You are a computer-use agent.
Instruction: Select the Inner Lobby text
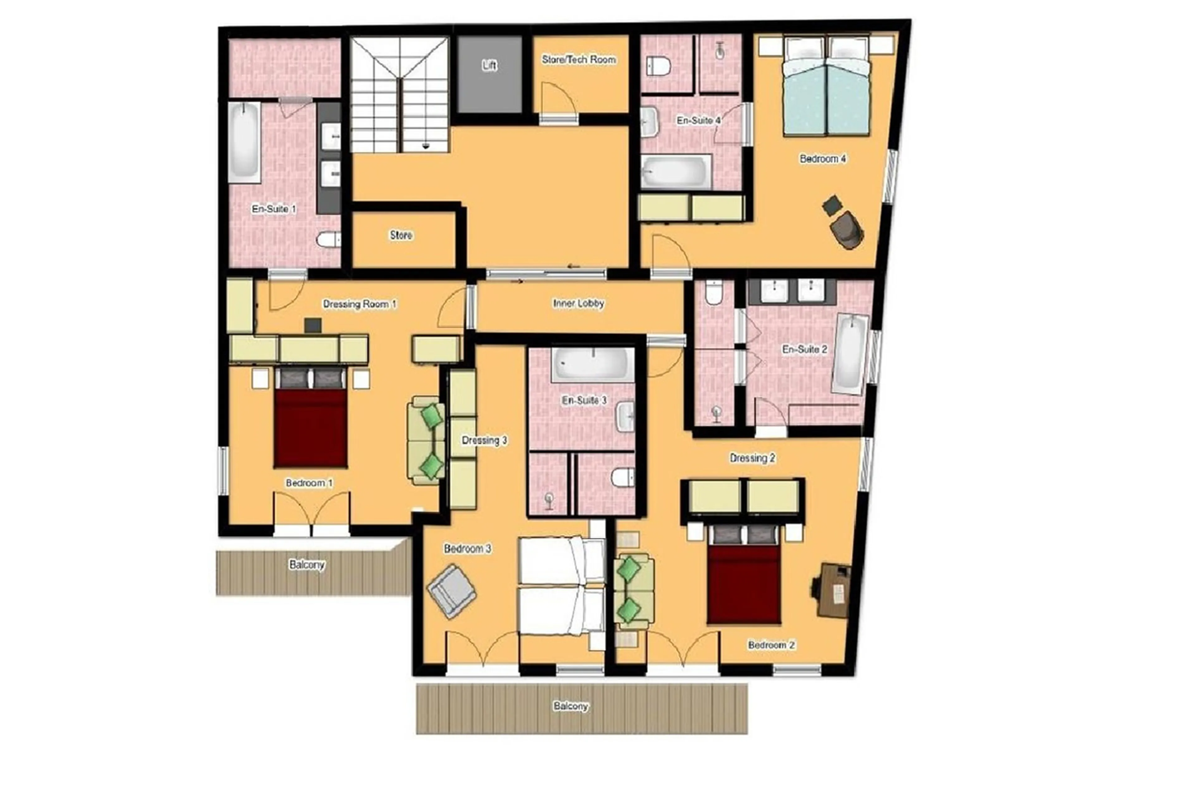[578, 303]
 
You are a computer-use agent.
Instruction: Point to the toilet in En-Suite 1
[328, 240]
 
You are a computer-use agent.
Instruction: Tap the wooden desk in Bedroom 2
[832, 590]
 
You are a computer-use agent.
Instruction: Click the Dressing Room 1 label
[359, 304]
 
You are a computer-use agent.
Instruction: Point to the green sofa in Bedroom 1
[426, 440]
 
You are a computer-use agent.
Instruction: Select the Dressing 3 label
[484, 440]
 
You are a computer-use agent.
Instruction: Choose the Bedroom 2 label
[771, 645]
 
